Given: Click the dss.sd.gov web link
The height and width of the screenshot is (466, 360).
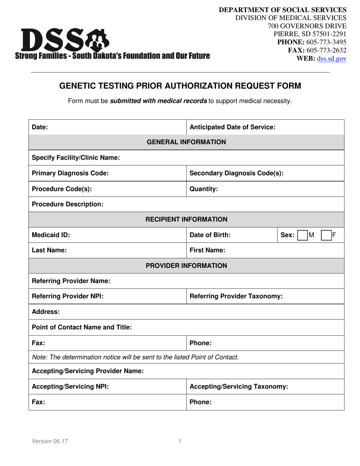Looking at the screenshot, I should click(332, 58).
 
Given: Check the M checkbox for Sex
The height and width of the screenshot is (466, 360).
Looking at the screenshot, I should click(302, 235).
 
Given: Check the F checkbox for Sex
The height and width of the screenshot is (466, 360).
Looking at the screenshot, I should click(326, 235).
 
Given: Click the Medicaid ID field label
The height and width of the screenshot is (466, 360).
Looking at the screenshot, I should click(51, 235).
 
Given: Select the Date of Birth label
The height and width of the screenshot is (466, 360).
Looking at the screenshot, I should click(210, 235).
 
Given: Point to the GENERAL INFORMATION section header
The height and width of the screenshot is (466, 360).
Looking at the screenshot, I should click(186, 142).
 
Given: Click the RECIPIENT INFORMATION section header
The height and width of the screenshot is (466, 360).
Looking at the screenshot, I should click(186, 219).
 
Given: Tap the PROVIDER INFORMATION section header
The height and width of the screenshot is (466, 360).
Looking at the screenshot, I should click(186, 266).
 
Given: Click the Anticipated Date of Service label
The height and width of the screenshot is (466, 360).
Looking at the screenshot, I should click(232, 127).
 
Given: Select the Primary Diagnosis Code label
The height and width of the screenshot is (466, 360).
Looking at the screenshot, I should click(70, 173).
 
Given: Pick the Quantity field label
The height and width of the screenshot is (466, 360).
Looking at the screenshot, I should click(203, 189).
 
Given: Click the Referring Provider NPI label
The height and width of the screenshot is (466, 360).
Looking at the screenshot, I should click(67, 296).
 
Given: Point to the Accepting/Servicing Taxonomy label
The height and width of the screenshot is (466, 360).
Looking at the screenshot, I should click(239, 386).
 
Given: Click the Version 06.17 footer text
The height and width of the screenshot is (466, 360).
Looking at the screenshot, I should click(50, 441).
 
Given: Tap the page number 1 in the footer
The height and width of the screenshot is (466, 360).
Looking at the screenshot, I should click(180, 441).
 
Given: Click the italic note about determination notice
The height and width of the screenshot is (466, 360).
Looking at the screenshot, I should click(135, 357).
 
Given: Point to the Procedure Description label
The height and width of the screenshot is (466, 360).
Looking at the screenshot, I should click(67, 204).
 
